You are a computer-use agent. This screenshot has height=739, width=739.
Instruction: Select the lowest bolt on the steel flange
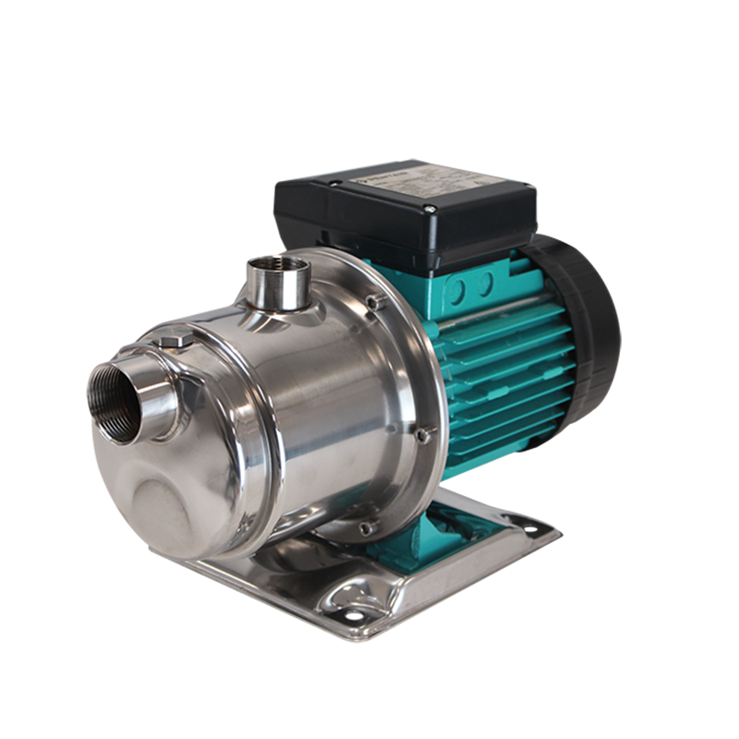[365, 528]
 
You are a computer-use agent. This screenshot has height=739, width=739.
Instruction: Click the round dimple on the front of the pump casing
[162, 503]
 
